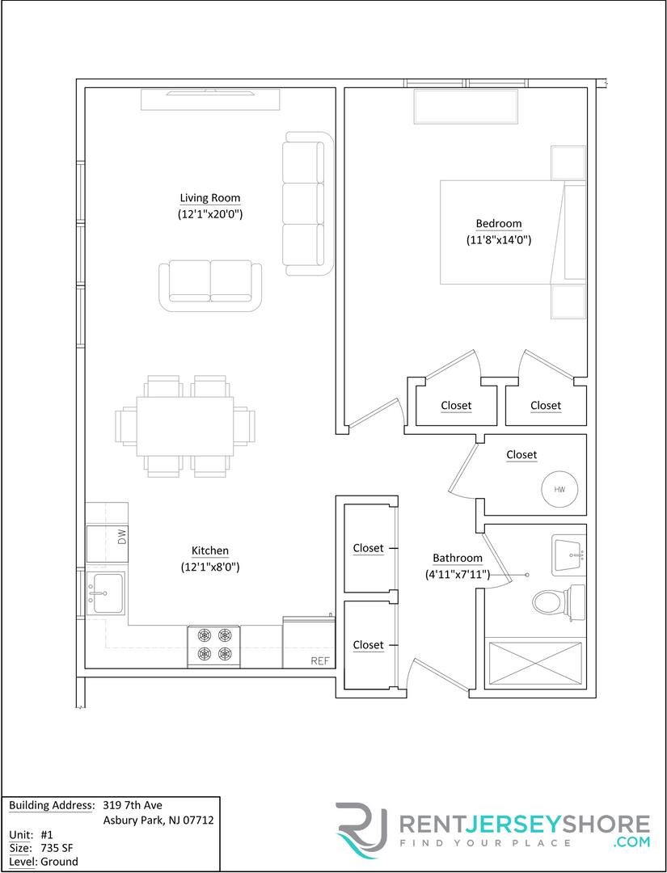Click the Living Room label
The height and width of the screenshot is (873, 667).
click(210, 198)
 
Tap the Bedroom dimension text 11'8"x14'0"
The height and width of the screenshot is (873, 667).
click(499, 241)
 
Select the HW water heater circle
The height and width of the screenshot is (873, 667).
click(559, 489)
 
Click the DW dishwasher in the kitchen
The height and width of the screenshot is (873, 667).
click(108, 543)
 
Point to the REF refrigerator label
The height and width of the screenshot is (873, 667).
click(321, 661)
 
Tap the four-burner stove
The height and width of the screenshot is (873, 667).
click(214, 647)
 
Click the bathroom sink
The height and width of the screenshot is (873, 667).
click(568, 555)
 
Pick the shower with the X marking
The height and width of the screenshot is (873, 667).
click(535, 662)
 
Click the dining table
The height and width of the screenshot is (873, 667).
click(185, 426)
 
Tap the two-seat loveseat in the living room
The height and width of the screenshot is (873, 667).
click(210, 285)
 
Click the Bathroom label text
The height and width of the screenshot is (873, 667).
click(458, 558)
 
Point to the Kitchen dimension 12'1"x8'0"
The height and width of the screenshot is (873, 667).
click(210, 568)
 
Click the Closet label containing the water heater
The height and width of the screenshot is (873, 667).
click(521, 455)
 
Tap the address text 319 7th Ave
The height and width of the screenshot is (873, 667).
click(133, 805)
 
